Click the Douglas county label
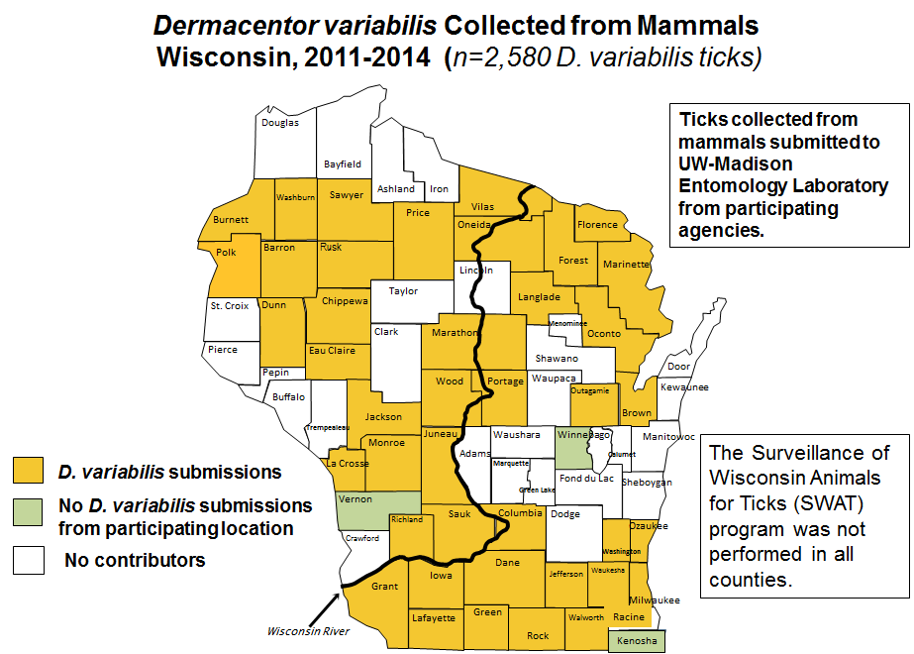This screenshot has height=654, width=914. pos(280,123)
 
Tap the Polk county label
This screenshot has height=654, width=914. pos(226,253)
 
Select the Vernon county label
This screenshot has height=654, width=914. pos(355,499)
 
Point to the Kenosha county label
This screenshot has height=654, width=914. pos(637,641)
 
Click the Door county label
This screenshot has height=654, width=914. pos(679,367)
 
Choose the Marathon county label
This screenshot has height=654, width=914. pos(454,333)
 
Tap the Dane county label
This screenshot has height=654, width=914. pos(507,562)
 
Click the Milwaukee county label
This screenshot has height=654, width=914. pos(655,600)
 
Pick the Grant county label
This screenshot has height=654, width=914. pos(384,587)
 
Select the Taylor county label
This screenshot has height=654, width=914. pos(403,291)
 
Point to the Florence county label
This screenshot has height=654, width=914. pos(597,225)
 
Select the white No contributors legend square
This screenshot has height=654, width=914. pos(28,560)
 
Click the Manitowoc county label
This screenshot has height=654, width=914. pos(670,436)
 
